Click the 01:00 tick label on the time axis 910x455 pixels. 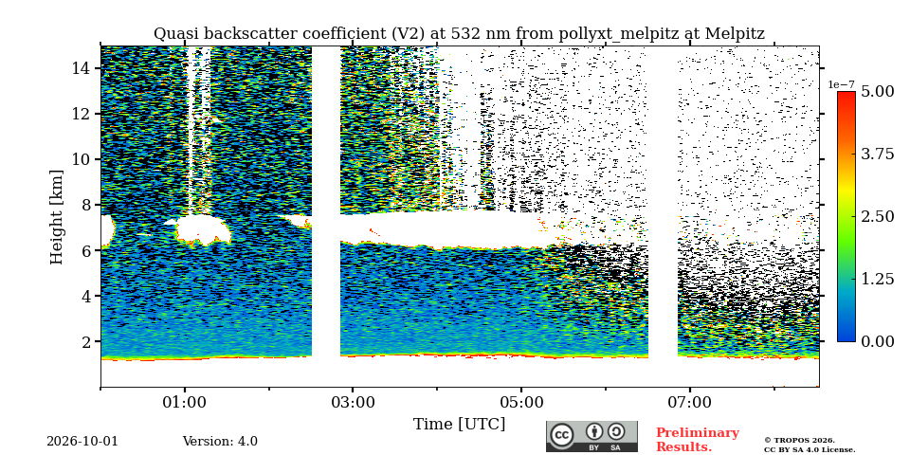(x=185, y=402)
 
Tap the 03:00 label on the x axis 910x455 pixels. (x=353, y=402)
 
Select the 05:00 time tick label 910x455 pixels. (x=521, y=402)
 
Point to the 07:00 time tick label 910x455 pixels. (x=689, y=402)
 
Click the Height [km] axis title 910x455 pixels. (x=56, y=217)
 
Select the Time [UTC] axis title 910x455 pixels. (x=459, y=425)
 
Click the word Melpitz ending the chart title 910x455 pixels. (x=735, y=34)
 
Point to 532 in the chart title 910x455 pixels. (x=449, y=34)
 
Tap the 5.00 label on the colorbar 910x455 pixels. (x=877, y=92)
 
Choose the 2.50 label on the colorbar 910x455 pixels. (x=877, y=216)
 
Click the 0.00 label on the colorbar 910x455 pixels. (x=877, y=341)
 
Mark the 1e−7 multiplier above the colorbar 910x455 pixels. (x=842, y=85)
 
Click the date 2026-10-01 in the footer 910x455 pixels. (x=82, y=441)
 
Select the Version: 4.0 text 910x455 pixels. (x=220, y=441)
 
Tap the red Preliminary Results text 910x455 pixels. (x=698, y=440)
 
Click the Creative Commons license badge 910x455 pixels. (x=591, y=436)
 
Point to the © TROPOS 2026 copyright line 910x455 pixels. (x=799, y=441)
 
